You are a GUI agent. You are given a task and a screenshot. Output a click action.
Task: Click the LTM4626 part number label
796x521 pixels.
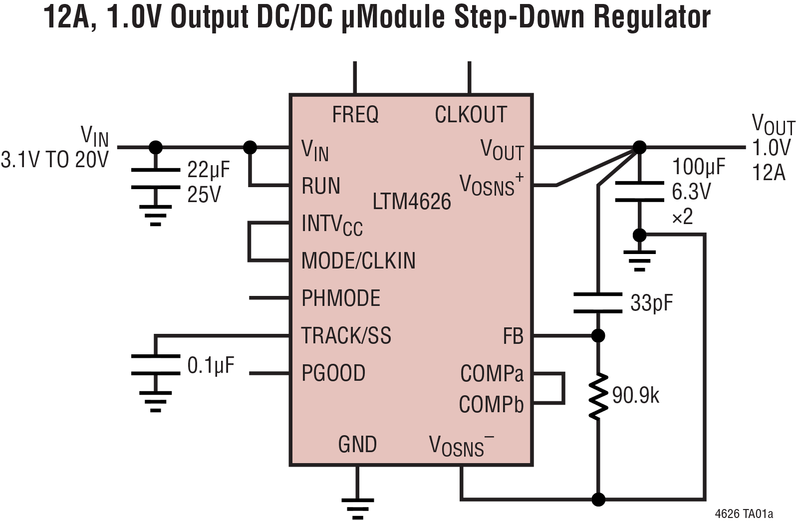pyautogui.click(x=412, y=202)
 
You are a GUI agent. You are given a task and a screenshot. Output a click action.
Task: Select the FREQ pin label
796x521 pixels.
pyautogui.click(x=355, y=115)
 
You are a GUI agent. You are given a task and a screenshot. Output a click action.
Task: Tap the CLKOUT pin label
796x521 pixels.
pyautogui.click(x=471, y=115)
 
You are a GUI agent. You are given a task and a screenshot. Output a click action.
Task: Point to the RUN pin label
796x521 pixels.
pyautogui.click(x=321, y=186)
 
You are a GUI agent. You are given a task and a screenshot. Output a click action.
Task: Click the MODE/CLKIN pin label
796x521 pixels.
pyautogui.click(x=358, y=260)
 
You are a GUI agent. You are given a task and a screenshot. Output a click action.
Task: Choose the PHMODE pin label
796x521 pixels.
pyautogui.click(x=341, y=298)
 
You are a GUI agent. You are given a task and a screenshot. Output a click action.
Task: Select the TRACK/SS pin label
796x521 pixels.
pyautogui.click(x=346, y=335)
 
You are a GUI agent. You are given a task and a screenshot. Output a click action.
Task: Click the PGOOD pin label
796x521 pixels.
pyautogui.click(x=333, y=373)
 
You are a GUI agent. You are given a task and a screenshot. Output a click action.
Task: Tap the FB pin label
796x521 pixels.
pyautogui.click(x=513, y=336)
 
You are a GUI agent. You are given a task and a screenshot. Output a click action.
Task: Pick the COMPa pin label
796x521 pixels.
pyautogui.click(x=492, y=373)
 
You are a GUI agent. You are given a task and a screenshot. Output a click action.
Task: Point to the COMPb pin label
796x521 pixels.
pyautogui.click(x=491, y=404)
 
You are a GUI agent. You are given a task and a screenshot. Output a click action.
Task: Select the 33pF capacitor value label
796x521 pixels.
pyautogui.click(x=651, y=302)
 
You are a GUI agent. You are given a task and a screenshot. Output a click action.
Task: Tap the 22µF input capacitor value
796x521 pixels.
pyautogui.click(x=209, y=170)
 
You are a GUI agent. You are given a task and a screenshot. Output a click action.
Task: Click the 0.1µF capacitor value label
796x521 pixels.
pyautogui.click(x=211, y=365)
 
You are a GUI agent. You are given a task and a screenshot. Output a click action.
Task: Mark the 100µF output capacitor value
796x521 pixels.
pyautogui.click(x=698, y=167)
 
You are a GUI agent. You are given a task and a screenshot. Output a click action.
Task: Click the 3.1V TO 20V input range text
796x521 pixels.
pyautogui.click(x=54, y=160)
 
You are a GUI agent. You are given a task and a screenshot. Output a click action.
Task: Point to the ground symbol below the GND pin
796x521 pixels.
pyautogui.click(x=357, y=505)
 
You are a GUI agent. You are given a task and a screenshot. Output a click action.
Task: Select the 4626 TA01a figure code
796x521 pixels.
pyautogui.click(x=744, y=514)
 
